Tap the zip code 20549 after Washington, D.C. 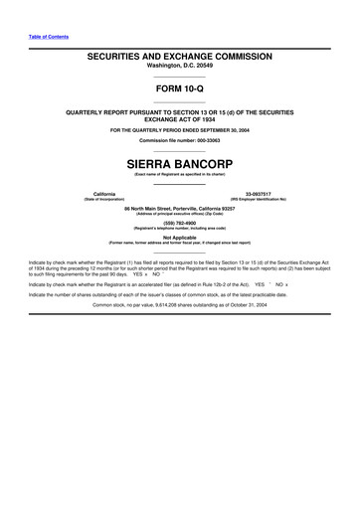point(203,71)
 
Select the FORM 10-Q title point(179,92)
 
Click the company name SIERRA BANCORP point(179,159)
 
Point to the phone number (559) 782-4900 point(180,223)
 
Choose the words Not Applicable point(180,238)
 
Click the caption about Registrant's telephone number point(180,229)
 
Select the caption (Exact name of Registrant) point(179,174)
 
